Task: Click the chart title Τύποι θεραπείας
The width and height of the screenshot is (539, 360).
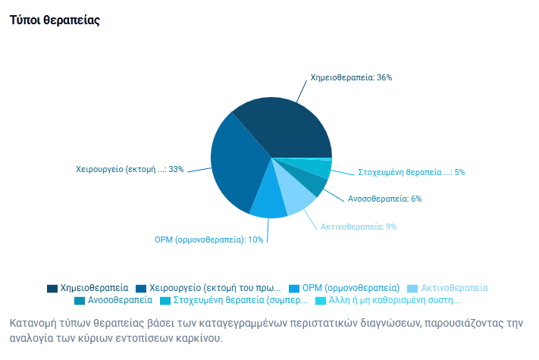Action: pos(55,20)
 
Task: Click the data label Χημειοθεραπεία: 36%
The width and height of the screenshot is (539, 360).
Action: pos(350,77)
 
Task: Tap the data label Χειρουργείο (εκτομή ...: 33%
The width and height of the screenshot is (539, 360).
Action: pos(130,169)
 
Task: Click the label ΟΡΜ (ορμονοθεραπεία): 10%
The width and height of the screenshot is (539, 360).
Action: pos(208,239)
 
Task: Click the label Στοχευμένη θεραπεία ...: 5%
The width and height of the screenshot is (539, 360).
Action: pos(411,172)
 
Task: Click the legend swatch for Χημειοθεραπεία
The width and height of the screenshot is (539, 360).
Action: pos(52,288)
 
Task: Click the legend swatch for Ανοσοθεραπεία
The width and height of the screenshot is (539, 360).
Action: pos(80,300)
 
